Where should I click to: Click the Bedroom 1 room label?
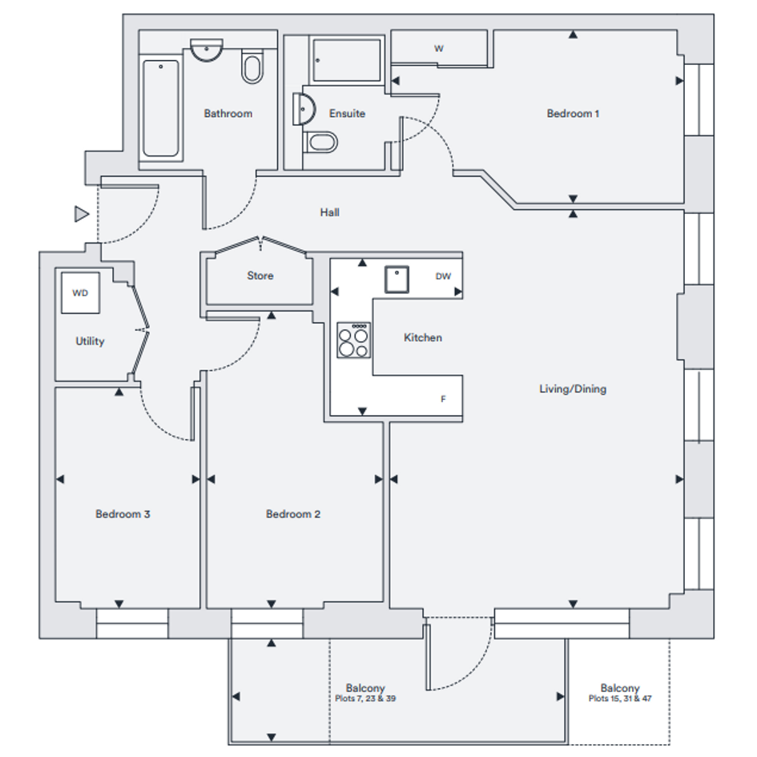pyautogui.click(x=573, y=114)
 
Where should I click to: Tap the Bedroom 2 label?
pyautogui.click(x=293, y=514)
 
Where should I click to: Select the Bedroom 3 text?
pyautogui.click(x=123, y=514)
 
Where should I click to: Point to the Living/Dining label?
pyautogui.click(x=573, y=389)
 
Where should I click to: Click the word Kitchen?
pyautogui.click(x=422, y=338)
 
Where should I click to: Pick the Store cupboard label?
pyautogui.click(x=260, y=276)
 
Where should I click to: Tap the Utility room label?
pyautogui.click(x=90, y=341)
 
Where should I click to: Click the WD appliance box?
pyautogui.click(x=80, y=293)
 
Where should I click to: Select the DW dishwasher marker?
pyautogui.click(x=443, y=276)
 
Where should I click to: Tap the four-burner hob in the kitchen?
pyautogui.click(x=353, y=340)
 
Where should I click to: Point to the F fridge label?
pyautogui.click(x=443, y=398)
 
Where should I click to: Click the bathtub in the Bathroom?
pyautogui.click(x=160, y=108)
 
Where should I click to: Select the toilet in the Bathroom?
pyautogui.click(x=252, y=67)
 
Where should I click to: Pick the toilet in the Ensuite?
pyautogui.click(x=321, y=143)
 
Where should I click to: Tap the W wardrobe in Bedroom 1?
pyautogui.click(x=439, y=48)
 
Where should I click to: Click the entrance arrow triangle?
pyautogui.click(x=81, y=214)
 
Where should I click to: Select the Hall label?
pyautogui.click(x=329, y=212)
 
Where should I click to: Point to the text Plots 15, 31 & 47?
pyautogui.click(x=620, y=699)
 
